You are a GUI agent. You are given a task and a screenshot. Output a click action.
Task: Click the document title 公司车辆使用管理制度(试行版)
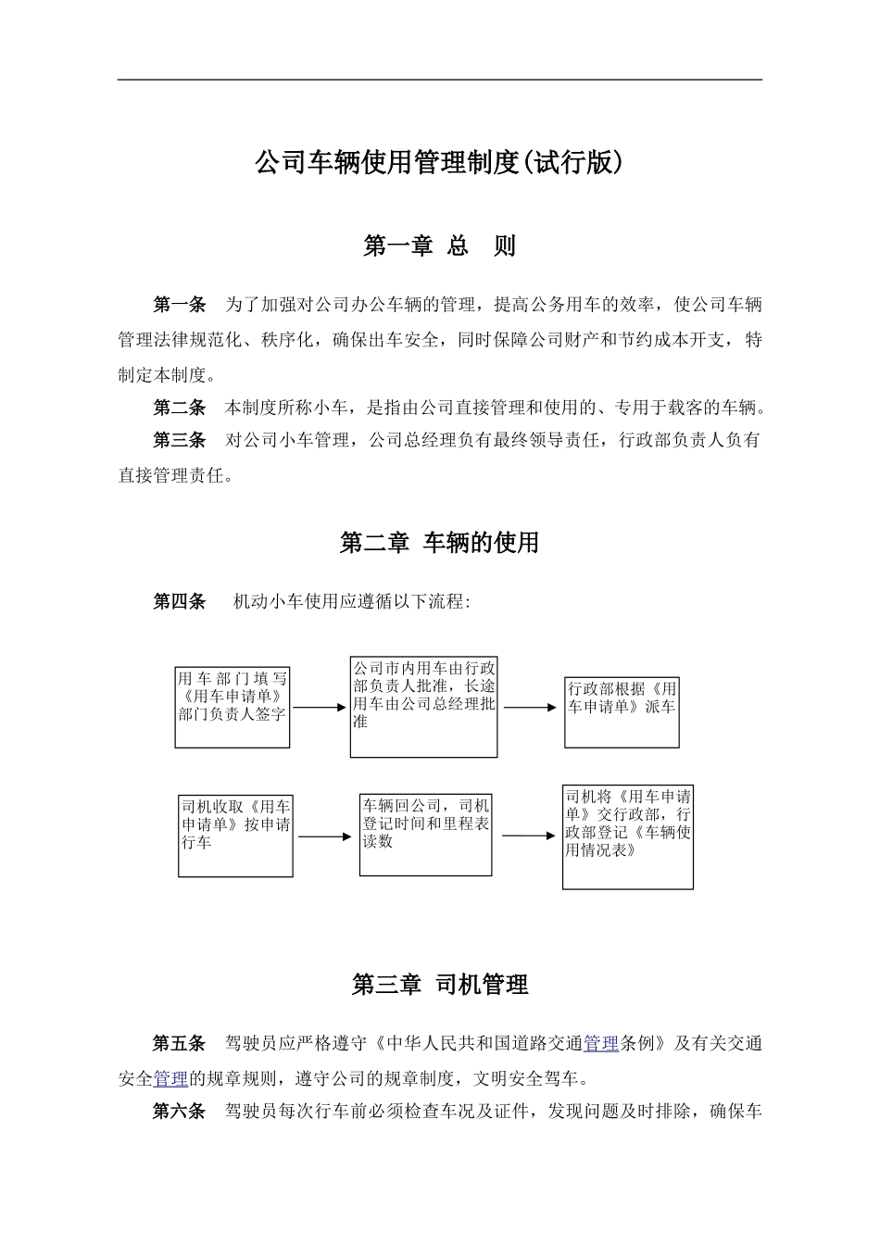click(439, 163)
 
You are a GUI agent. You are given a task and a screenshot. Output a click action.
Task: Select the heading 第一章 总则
click(439, 245)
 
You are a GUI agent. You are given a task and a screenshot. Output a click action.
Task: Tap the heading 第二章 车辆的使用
click(439, 543)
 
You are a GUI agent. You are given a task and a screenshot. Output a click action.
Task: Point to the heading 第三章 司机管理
click(439, 985)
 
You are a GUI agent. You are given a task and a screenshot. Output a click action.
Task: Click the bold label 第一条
click(179, 305)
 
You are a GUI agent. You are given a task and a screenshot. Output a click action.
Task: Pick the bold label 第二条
click(179, 408)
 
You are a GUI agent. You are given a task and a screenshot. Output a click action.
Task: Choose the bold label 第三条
click(179, 441)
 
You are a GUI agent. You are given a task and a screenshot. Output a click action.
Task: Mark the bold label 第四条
click(179, 602)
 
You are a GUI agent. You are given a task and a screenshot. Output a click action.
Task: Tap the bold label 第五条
click(179, 1044)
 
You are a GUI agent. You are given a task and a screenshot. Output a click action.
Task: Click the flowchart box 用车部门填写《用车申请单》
click(233, 707)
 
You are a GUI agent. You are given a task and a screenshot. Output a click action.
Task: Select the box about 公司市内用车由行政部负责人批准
click(423, 707)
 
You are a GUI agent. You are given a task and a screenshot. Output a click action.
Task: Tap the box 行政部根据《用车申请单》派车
click(622, 711)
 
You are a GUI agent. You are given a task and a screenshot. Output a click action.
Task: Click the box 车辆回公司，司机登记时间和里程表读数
click(425, 834)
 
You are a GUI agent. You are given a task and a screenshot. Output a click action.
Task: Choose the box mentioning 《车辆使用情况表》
click(627, 836)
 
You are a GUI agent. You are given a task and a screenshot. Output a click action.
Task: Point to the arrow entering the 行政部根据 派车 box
click(531, 709)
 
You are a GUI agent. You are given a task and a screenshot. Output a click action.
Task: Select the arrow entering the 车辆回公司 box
click(325, 836)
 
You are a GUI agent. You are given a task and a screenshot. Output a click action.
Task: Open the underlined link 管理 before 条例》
click(601, 1044)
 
